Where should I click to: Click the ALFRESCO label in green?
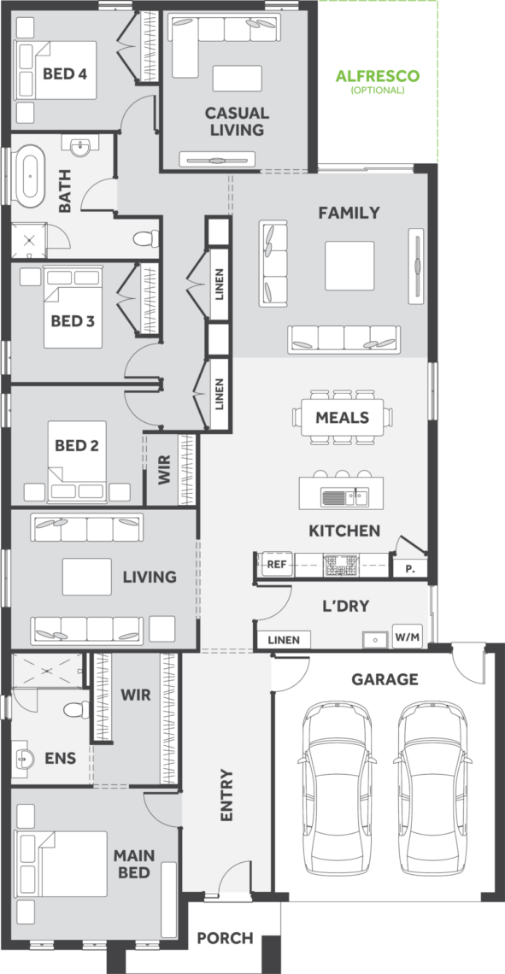(378, 76)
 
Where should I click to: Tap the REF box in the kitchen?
(276, 565)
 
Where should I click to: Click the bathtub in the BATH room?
(30, 175)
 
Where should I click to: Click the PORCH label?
(225, 938)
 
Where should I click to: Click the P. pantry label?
(411, 568)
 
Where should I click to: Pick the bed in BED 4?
(57, 70)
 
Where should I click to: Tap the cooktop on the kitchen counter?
(340, 565)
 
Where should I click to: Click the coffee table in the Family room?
(349, 266)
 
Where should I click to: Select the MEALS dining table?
(344, 417)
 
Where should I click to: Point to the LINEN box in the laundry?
(284, 640)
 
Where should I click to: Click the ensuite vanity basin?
(26, 757)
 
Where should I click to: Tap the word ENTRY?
(226, 795)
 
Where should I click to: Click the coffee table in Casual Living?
(233, 79)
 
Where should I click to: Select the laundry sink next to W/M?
(376, 639)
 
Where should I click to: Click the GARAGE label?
(385, 679)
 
